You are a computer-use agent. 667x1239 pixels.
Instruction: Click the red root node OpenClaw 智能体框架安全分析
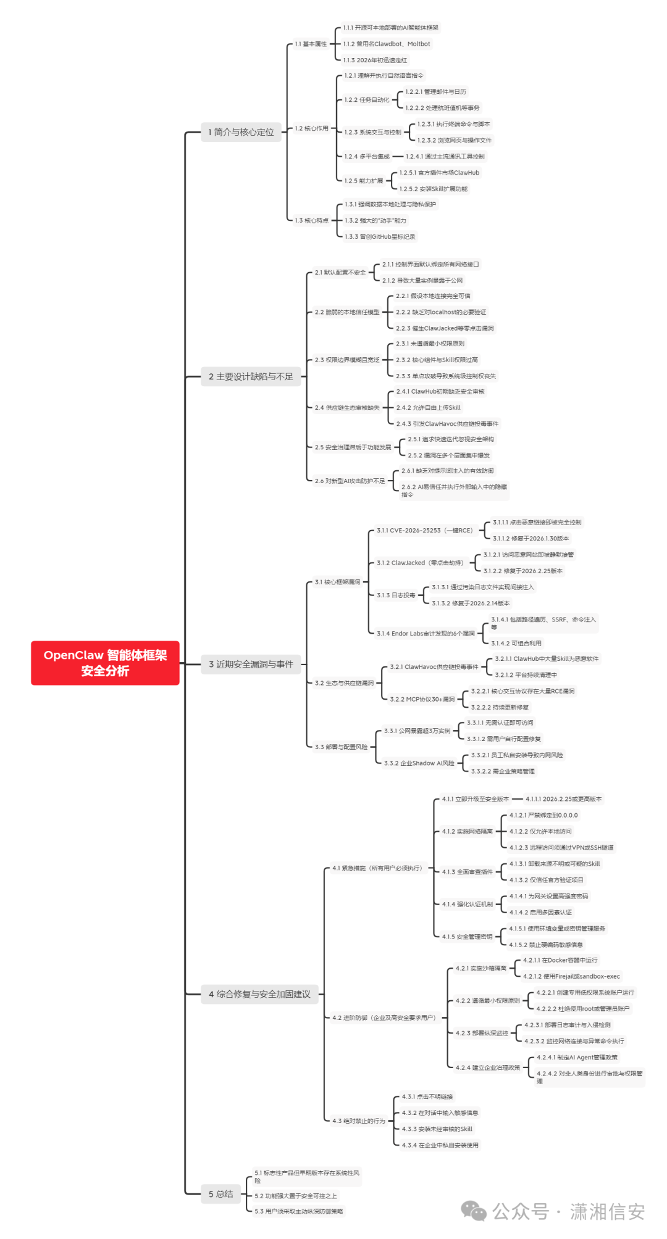coord(105,663)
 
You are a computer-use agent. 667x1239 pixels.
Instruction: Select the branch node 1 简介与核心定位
coord(241,132)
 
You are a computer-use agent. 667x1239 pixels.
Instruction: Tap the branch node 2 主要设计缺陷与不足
coord(251,376)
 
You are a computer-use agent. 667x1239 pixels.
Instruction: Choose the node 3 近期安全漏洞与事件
coord(251,664)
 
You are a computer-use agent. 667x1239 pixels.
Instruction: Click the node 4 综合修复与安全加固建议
coord(259,994)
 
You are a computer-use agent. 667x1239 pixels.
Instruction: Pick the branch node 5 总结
coord(220,1194)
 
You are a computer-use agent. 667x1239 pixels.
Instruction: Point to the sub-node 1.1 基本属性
coord(311,44)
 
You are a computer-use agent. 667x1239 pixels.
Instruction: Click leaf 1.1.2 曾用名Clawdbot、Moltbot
coord(387,44)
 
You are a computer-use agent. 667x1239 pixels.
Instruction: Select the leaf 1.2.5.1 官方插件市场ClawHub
coord(439,173)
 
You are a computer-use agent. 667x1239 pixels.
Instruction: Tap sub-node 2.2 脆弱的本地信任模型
coord(347,312)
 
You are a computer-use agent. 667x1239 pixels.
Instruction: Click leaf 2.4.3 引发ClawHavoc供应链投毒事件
coord(447,424)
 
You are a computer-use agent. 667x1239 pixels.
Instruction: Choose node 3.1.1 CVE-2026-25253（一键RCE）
coord(424,531)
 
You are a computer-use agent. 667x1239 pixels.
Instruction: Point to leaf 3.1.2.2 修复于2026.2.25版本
coord(522,571)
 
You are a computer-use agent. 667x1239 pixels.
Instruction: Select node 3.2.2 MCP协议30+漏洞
coord(422,699)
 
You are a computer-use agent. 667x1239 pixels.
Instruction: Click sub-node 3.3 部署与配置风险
coord(341,747)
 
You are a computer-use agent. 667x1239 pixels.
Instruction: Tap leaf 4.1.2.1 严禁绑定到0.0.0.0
coord(543,815)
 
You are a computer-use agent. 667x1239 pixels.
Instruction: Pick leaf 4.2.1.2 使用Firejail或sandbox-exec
coord(571,976)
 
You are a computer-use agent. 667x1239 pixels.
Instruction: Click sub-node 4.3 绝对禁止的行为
coord(358,1121)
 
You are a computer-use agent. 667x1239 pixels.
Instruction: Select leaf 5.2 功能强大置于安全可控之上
coord(296,1196)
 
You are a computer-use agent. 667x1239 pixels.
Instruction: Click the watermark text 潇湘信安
coord(607,1211)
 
